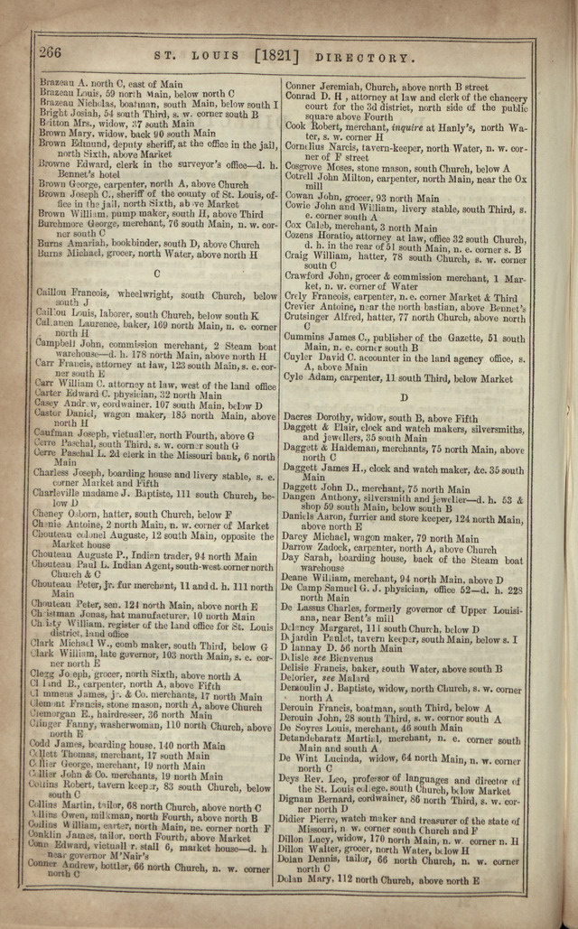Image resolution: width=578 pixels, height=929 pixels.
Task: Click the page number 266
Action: pos(50,53)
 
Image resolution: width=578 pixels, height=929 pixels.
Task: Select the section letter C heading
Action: pos(157,272)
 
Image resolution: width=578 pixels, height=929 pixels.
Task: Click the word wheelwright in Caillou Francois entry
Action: pos(143,295)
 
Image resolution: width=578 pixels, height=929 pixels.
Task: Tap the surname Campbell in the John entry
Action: pos(59,345)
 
